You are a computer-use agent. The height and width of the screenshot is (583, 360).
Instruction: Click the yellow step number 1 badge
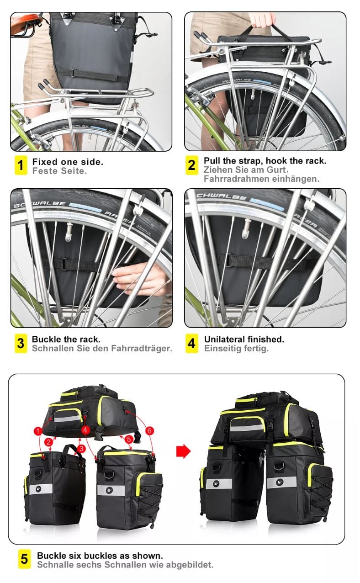pos(21,165)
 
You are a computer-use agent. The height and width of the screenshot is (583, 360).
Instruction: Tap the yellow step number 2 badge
pos(191,165)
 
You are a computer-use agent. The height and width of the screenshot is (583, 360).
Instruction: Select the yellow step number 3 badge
pos(21,344)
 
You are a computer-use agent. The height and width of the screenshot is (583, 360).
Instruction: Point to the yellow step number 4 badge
pos(191,344)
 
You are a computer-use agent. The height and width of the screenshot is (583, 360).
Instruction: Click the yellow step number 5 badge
pos(25,559)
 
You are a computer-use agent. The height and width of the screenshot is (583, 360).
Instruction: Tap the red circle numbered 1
pos(38,431)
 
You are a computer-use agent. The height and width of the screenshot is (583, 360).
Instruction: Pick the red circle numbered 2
pos(48,442)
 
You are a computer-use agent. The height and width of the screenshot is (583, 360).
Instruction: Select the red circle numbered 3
pos(81,448)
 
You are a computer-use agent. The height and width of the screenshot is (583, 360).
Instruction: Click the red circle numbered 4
pos(85,430)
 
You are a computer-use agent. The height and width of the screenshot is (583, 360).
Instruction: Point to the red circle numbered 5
pos(129,440)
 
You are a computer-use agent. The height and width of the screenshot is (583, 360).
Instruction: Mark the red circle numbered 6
pos(149,431)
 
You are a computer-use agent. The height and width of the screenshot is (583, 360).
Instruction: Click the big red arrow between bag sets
pos(184,451)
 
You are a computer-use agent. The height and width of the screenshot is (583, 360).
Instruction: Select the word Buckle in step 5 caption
pos(52,556)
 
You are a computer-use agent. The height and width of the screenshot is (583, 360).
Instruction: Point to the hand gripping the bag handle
pos(262,20)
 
